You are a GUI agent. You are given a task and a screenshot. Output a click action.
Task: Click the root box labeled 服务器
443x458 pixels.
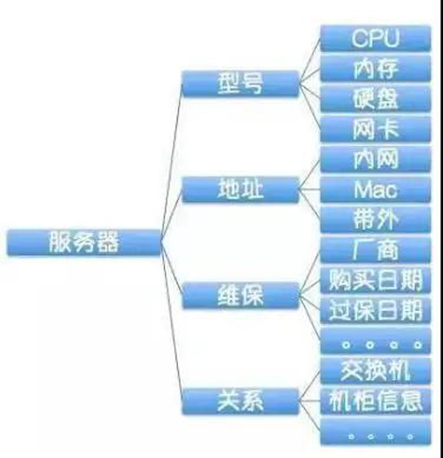[x=84, y=242]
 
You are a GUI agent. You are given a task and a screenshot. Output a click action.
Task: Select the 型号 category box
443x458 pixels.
[x=240, y=83]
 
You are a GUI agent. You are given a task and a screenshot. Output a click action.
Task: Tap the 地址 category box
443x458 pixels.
[x=240, y=190]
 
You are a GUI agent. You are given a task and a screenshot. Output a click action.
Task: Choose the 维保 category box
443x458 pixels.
[x=240, y=295]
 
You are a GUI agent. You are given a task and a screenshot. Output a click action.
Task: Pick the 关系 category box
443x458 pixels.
[x=240, y=401]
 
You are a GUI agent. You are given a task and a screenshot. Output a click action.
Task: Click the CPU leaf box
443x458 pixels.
[x=376, y=38]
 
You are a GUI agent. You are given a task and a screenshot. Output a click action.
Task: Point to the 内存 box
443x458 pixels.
[x=376, y=68]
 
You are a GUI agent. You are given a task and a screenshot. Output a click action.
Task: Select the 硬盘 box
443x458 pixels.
[x=376, y=98]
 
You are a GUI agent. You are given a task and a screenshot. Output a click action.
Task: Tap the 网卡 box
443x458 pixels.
[x=376, y=129]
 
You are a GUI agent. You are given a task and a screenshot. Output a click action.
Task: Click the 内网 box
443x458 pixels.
[x=376, y=159]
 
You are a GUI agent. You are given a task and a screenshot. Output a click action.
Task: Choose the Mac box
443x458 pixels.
[x=376, y=190]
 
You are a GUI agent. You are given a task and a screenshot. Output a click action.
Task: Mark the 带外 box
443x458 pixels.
[x=376, y=220]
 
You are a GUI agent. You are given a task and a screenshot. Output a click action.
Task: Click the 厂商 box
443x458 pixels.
[x=376, y=250]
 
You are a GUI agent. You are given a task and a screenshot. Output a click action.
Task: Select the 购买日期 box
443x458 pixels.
[x=376, y=280]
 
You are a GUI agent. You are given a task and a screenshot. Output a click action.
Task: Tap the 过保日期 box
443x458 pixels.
[x=376, y=310]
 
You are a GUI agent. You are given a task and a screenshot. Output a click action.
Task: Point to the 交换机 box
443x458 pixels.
[x=376, y=371]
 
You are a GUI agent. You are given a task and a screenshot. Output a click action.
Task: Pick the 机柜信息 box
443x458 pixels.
[x=376, y=401]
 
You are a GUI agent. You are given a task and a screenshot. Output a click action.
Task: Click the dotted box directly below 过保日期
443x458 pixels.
[x=376, y=341]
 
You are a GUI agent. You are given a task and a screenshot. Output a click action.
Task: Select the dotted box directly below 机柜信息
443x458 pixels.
[x=376, y=431]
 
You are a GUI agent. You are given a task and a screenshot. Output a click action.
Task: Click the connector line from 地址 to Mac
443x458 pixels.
[x=310, y=190]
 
